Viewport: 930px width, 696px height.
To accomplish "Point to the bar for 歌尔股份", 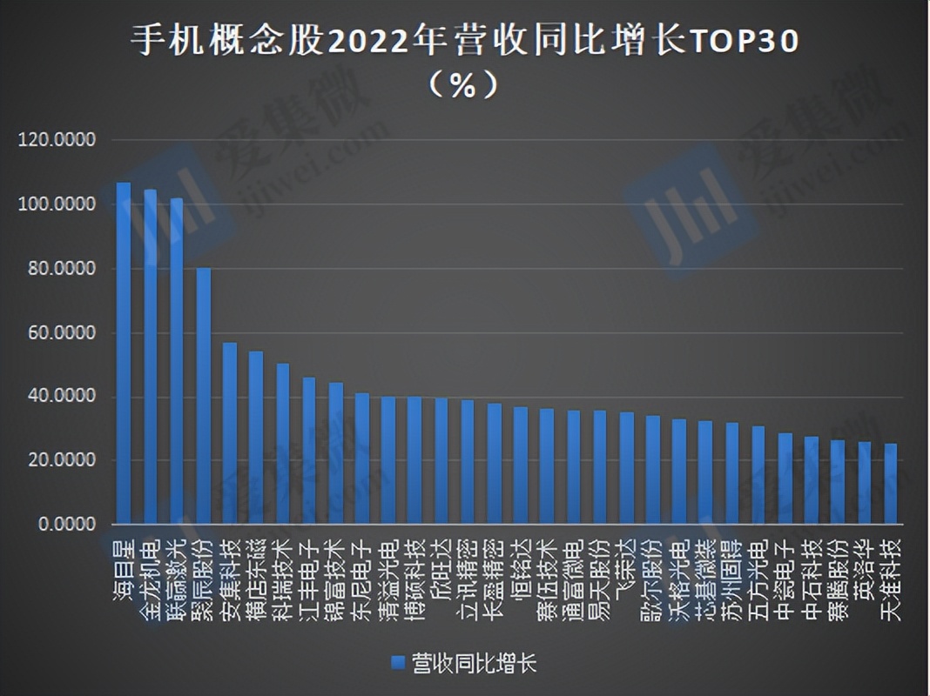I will (x=652, y=470).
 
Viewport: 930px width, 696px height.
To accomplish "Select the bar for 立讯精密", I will (x=468, y=462).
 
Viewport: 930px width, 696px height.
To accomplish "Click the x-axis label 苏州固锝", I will (x=731, y=579).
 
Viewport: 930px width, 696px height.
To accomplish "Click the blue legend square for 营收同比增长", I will (x=398, y=663).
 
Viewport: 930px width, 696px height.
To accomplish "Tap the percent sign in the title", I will (x=464, y=85).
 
